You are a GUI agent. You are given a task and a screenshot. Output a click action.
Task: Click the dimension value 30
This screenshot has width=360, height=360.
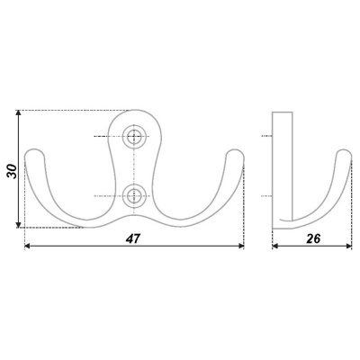[12, 172]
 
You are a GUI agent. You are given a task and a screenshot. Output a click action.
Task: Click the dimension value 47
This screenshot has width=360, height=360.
[133, 238]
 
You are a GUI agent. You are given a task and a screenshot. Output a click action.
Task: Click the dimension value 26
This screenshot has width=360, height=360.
[313, 238]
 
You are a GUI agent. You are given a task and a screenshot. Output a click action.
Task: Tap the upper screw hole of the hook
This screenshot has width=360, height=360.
[134, 137]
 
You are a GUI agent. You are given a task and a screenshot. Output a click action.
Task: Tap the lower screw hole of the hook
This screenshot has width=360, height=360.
[134, 196]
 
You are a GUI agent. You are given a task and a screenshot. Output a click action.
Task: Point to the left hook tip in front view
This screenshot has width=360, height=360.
[34, 150]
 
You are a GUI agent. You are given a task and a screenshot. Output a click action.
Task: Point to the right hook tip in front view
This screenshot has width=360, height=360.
[235, 150]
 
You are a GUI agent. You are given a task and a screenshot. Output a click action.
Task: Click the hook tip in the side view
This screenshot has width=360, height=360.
[344, 150]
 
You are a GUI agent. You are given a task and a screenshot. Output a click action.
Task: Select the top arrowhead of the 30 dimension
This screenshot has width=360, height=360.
[18, 113]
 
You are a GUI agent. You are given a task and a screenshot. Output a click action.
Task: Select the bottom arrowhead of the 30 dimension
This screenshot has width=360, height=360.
[18, 225]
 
